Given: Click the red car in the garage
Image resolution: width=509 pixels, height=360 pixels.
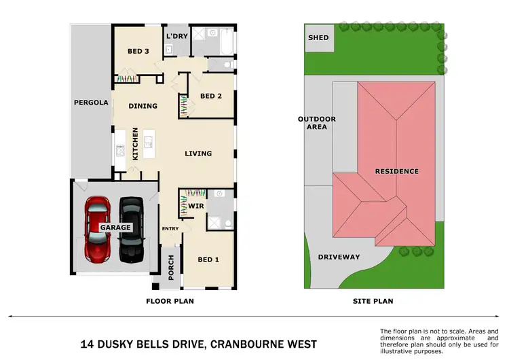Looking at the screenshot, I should pyautogui.click(x=98, y=230).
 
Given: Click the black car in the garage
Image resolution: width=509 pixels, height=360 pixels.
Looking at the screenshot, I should pyautogui.click(x=130, y=230).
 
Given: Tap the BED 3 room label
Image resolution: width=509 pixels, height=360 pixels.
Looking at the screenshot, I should pyautogui.click(x=138, y=52).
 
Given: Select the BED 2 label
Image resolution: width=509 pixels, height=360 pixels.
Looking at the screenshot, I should pyautogui.click(x=211, y=96).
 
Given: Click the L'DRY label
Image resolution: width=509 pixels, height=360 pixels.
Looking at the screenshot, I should pyautogui.click(x=177, y=35).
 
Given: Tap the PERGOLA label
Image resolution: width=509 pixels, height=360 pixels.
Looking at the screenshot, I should pyautogui.click(x=91, y=103).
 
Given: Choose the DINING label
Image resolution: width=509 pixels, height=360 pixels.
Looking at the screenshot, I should pyautogui.click(x=143, y=106).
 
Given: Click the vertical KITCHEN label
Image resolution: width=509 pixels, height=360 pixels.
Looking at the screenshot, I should pyautogui.click(x=135, y=143).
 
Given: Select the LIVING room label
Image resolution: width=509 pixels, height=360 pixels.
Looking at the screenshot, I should pyautogui.click(x=198, y=154).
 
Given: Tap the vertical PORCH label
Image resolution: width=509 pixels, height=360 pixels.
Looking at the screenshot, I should pyautogui.click(x=171, y=268).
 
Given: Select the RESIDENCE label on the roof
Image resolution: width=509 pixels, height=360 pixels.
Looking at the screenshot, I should pyautogui.click(x=396, y=171).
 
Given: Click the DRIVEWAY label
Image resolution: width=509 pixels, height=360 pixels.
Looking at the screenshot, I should pyautogui.click(x=339, y=257).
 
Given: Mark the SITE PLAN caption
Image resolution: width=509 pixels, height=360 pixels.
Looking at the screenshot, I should pyautogui.click(x=373, y=301).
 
